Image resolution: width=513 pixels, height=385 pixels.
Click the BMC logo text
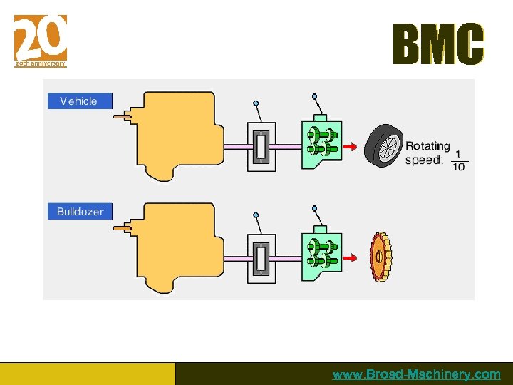click(438, 44)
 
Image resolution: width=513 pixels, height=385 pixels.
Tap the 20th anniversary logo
click(41, 40)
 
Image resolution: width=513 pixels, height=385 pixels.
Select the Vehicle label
click(79, 101)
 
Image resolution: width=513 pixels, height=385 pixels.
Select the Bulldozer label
click(80, 212)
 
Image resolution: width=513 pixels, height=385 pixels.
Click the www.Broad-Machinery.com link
click(416, 374)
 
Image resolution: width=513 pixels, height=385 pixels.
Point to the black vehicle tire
click(383, 145)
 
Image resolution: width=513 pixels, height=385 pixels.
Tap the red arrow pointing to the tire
click(349, 146)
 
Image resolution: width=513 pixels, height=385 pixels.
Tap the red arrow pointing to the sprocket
click(349, 257)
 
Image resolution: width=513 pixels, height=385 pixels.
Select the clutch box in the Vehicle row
click(261, 146)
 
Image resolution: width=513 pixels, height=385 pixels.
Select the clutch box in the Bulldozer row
click(261, 257)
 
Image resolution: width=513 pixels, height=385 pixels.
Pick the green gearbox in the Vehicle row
click(321, 145)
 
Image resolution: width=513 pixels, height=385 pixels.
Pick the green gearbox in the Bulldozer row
click(321, 255)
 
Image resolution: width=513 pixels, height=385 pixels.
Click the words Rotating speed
click(427, 153)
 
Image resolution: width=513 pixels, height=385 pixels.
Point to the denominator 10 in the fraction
click(458, 167)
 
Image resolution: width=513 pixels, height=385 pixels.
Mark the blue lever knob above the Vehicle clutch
click(256, 103)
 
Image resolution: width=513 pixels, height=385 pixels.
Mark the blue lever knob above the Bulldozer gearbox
click(314, 208)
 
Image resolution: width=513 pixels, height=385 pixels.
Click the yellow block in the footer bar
click(87, 374)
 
